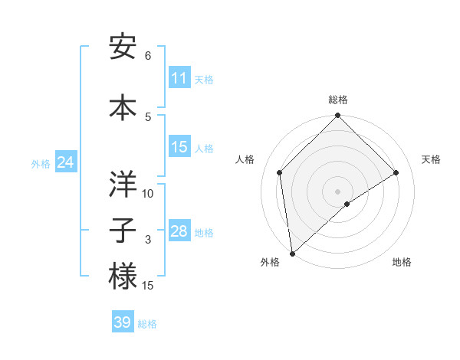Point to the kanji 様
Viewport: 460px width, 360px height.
click(123, 277)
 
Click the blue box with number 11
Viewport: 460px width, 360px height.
click(179, 78)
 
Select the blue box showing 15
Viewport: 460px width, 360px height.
click(179, 147)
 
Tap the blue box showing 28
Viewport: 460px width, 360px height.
click(179, 231)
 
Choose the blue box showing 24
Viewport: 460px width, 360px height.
click(65, 162)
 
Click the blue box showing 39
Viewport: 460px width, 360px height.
click(123, 322)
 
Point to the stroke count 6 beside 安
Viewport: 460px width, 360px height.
click(148, 56)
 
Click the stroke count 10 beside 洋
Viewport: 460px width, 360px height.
click(148, 194)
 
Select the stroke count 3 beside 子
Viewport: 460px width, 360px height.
click(148, 241)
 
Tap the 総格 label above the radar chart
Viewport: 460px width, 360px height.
click(337, 100)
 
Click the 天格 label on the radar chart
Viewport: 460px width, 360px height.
click(431, 159)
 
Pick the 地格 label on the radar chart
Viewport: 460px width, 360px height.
click(402, 262)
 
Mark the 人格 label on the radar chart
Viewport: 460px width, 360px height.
click(245, 159)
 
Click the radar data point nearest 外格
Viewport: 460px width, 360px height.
click(292, 254)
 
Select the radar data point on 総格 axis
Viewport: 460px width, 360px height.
click(337, 116)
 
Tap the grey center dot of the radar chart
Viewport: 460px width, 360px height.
click(337, 191)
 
